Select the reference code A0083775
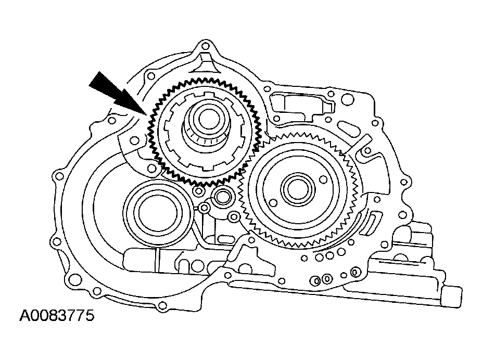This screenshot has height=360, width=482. point(57,316)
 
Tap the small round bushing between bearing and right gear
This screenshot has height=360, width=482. point(222,197)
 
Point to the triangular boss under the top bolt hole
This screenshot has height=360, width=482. point(207,66)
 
